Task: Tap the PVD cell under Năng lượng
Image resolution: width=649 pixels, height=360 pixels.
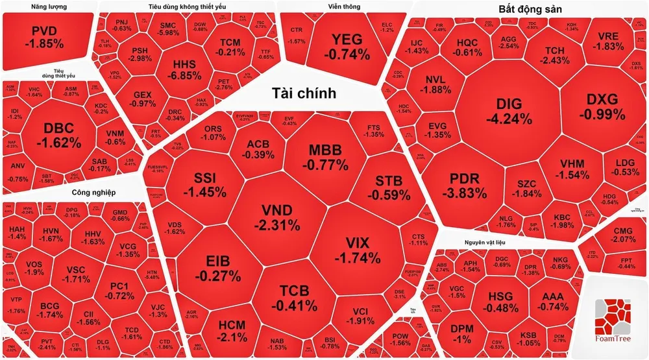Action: click(x=44, y=37)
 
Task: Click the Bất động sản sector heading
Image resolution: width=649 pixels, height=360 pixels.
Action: click(x=530, y=9)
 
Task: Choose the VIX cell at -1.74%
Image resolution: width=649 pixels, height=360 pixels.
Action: click(x=358, y=250)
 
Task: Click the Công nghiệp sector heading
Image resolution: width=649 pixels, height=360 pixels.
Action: click(x=93, y=193)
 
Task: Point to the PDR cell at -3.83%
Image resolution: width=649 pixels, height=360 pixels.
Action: click(x=464, y=186)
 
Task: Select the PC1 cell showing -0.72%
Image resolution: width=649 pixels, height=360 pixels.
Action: click(x=119, y=291)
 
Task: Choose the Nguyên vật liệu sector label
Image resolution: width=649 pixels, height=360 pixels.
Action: click(x=484, y=243)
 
